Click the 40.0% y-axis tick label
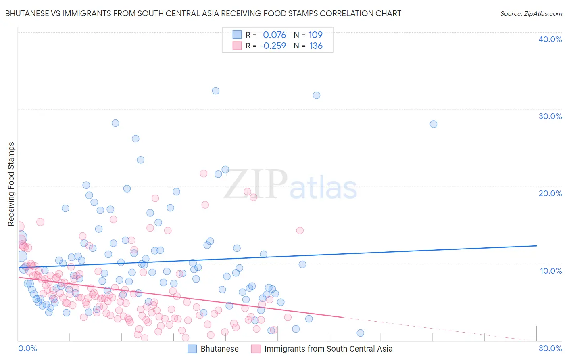coord(550,39)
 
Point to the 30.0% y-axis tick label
coord(550,116)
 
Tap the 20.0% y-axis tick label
coord(550,193)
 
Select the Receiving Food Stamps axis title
coord(11,184)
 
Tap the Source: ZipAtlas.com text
coord(531,14)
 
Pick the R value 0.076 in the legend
coord(274,35)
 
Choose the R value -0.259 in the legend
coord(273,46)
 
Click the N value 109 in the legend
coord(315,35)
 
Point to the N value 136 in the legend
coord(316,46)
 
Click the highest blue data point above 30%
coord(216,91)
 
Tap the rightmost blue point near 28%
coord(434,124)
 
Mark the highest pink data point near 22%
coord(204,174)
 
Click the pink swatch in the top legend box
coord(237,46)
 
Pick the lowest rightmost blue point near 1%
coord(361,333)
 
